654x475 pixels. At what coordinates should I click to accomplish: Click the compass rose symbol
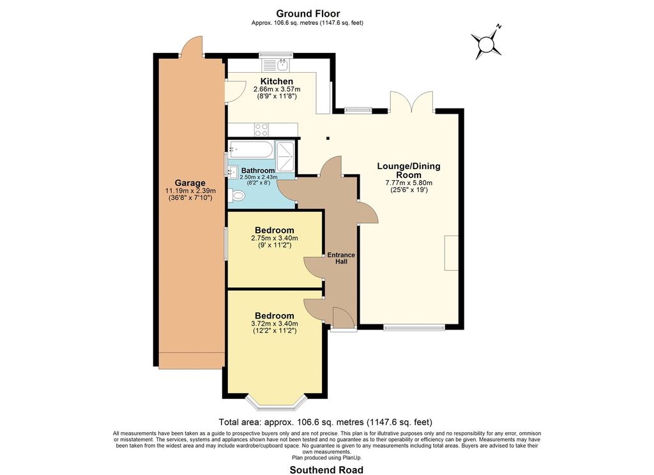[486, 43]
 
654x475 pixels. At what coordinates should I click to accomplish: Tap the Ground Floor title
[308, 14]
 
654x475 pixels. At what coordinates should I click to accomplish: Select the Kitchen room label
[277, 81]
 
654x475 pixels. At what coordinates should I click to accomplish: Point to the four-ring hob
[261, 129]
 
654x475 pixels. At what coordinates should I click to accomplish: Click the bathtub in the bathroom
[250, 149]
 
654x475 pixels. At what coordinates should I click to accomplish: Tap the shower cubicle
[285, 156]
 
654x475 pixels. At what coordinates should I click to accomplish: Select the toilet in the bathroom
[237, 195]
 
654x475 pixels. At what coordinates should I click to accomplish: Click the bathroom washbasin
[232, 171]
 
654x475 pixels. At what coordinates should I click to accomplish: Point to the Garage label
[190, 183]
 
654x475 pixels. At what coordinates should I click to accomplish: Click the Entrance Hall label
[341, 258]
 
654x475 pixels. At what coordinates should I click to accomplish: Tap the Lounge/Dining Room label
[409, 170]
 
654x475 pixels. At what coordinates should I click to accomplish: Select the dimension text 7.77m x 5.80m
[409, 183]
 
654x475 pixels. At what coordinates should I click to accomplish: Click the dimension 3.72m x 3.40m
[275, 324]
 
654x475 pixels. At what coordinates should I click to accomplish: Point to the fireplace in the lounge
[451, 253]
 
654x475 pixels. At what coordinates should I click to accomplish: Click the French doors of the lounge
[412, 102]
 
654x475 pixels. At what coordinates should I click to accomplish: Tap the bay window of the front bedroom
[276, 401]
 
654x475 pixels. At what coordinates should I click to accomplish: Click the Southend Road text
[326, 470]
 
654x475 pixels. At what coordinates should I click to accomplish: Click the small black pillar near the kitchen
[328, 138]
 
